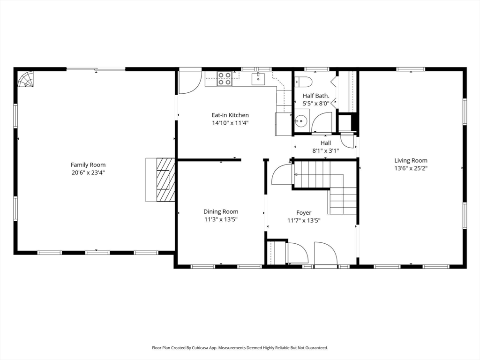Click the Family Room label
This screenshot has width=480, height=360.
(x=88, y=165)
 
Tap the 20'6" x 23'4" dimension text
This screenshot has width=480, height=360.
(x=88, y=172)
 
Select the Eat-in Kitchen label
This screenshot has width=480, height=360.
(x=230, y=115)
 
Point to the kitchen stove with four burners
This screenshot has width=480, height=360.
(x=225, y=78)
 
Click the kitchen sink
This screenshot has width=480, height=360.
(x=258, y=79)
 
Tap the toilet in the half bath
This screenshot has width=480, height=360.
(x=303, y=82)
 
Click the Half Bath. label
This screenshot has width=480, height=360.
(x=316, y=96)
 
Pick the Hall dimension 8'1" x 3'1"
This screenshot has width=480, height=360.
(x=325, y=151)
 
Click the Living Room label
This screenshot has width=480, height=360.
(x=411, y=160)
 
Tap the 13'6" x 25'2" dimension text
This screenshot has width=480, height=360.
(x=411, y=168)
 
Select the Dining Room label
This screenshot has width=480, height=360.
(x=220, y=211)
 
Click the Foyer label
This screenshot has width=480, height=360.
(x=303, y=212)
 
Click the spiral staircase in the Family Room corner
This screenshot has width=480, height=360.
(x=26, y=79)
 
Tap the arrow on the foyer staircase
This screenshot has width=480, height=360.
(x=297, y=175)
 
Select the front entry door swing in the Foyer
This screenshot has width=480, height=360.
(x=325, y=254)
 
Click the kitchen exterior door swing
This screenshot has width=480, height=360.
(x=189, y=82)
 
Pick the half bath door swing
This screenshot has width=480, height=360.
(x=322, y=123)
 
